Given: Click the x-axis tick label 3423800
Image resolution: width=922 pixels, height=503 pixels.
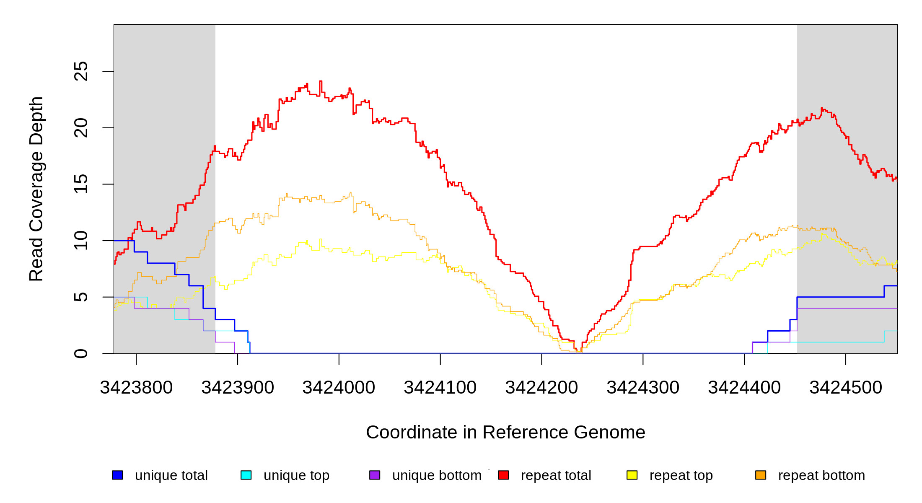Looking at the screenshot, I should point(136,388).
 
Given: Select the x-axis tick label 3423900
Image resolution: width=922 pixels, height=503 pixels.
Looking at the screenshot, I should point(238,388).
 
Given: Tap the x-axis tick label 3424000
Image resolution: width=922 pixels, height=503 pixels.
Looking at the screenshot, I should point(339,388).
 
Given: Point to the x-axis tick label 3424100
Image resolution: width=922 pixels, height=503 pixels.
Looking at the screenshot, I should point(440,388).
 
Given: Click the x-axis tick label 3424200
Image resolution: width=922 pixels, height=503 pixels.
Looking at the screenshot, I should point(541,388).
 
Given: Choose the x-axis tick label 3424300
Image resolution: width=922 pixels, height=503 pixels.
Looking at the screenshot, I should point(643,388).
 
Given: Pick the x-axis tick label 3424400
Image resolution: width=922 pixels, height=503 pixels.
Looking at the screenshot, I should point(744,388).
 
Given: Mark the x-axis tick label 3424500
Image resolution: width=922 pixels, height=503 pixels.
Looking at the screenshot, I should point(846,388).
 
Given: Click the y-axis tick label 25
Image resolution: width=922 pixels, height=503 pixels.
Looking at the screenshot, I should point(81,71).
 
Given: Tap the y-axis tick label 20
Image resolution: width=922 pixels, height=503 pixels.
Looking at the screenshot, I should point(81,128).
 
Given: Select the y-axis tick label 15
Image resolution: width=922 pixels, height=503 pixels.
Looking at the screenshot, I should point(81,184).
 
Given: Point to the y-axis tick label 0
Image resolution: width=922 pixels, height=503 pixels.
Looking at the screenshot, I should point(81,353).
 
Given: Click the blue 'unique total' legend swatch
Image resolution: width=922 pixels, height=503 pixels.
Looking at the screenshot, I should point(117,475).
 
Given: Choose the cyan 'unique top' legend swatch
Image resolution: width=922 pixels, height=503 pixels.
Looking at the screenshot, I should point(246,475).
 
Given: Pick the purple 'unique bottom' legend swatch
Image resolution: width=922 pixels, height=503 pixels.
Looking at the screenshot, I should point(375,475).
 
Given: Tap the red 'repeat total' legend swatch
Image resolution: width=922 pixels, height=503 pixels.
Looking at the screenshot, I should point(503,475).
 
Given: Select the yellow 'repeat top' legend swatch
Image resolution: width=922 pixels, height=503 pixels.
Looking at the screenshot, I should point(632,475).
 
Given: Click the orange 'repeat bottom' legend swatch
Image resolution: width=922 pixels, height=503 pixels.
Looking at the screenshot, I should point(761,475).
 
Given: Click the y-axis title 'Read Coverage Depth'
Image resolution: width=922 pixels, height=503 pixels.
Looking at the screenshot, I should point(36,189).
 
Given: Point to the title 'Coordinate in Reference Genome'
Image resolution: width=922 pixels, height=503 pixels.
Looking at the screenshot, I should point(505,432).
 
